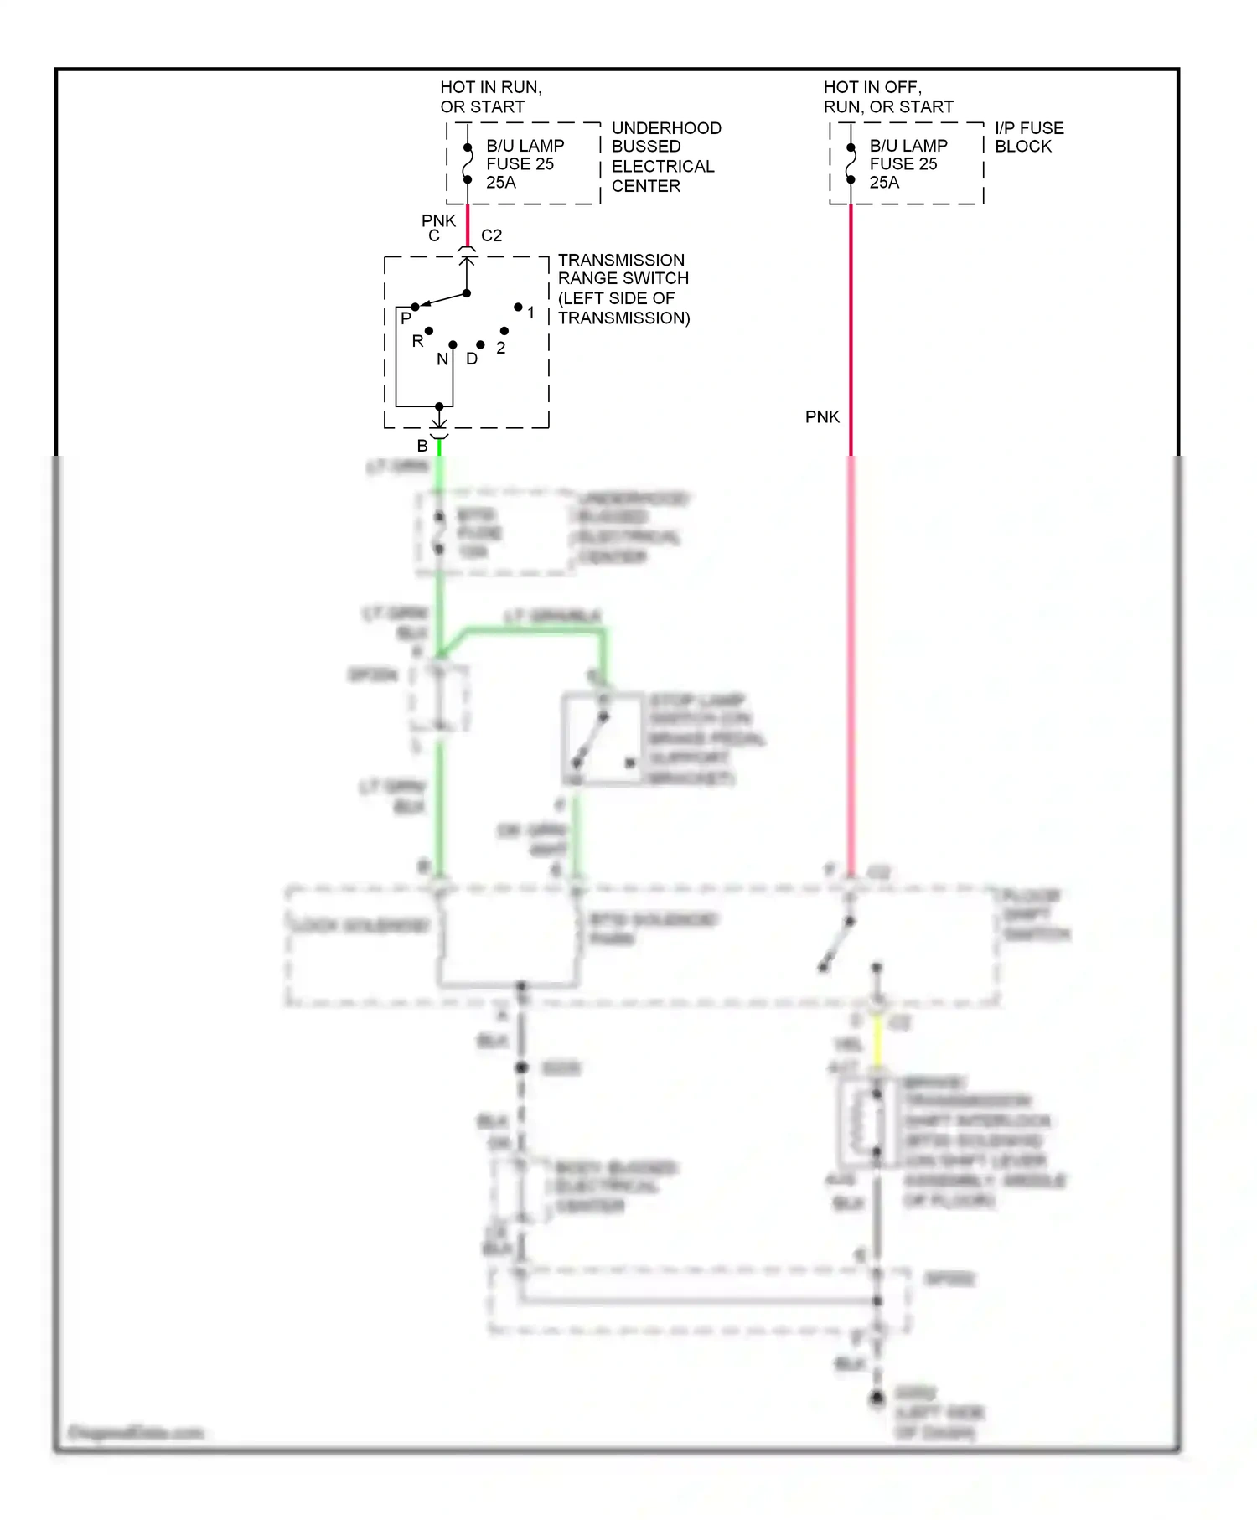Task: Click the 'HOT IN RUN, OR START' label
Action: click(490, 97)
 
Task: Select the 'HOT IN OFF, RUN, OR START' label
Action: click(887, 97)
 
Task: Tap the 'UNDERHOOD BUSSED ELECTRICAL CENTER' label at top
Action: click(665, 157)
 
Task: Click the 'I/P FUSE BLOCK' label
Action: click(1028, 137)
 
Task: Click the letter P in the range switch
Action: click(406, 318)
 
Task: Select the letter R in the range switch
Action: click(417, 341)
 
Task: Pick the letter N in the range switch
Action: click(442, 359)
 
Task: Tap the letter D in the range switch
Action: click(472, 359)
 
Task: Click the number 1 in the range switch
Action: click(530, 313)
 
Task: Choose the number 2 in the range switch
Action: click(501, 348)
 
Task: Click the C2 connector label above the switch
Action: click(491, 235)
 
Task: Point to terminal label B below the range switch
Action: click(422, 447)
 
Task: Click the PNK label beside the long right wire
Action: click(822, 417)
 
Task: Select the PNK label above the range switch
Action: click(438, 220)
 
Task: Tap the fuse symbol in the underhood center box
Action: click(468, 163)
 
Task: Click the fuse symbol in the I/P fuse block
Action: click(851, 163)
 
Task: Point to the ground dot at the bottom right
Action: click(877, 1398)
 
